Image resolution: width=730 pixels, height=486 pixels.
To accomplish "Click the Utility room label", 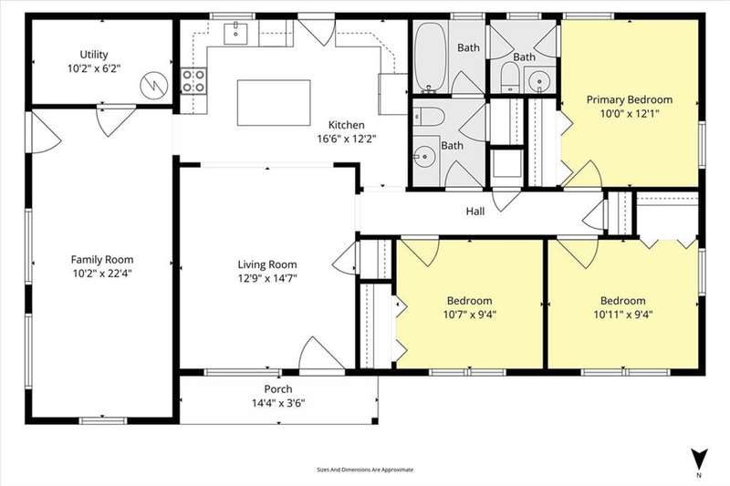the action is coord(94,55).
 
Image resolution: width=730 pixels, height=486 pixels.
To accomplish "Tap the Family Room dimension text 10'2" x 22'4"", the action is coord(102,274).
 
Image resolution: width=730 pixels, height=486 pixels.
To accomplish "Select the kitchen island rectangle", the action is coord(274,103).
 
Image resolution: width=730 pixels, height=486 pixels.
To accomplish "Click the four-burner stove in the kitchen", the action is coord(193,81).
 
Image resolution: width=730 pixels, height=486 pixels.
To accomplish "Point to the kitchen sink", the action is coord(235,33).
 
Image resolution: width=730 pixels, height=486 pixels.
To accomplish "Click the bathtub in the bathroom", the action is coord(431,57).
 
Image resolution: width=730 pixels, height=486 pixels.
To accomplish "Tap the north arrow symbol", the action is coord(699,459).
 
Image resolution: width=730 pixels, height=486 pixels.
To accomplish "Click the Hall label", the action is coord(474,212).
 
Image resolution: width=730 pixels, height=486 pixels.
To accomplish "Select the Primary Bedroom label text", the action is coord(630,99).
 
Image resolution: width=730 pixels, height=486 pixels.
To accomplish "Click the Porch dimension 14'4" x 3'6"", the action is coord(278,403).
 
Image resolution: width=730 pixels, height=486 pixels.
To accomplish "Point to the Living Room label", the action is coord(267,264).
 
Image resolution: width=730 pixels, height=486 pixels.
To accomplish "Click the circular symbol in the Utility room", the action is coord(153,85).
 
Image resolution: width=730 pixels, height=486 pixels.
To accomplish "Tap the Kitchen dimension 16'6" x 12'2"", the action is coord(347,139).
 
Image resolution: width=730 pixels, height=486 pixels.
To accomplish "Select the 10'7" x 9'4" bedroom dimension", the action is coord(469,315).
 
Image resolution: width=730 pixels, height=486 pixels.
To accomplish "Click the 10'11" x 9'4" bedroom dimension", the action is coord(623,315).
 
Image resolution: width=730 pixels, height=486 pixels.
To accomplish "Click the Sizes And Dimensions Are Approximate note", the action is coord(365,470).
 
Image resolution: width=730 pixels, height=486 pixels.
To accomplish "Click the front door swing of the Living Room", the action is coord(321,354).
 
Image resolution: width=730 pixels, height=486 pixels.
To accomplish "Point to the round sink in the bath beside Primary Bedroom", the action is coord(539,80).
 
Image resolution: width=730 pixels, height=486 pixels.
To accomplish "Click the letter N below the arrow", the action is coord(699,475).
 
